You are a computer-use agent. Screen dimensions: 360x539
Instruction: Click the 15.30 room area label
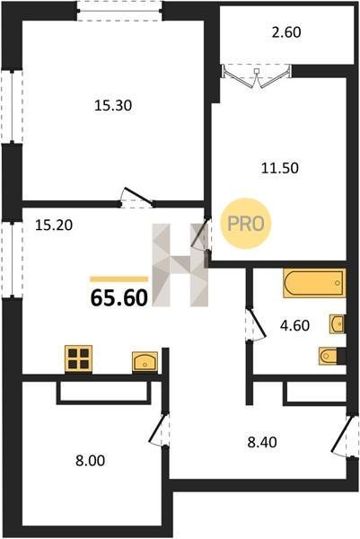pyautogui.click(x=113, y=105)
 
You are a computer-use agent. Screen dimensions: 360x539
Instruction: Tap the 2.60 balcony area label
pyautogui.click(x=286, y=32)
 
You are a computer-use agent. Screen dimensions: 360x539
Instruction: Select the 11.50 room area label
pyautogui.click(x=280, y=168)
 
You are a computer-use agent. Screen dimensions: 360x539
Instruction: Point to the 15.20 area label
pyautogui.click(x=54, y=225)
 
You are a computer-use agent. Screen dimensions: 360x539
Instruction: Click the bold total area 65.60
pyautogui.click(x=119, y=297)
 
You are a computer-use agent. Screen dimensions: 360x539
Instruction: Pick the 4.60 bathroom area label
pyautogui.click(x=294, y=325)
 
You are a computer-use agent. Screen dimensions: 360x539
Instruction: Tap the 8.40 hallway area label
pyautogui.click(x=262, y=442)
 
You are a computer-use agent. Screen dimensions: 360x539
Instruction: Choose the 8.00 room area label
pyautogui.click(x=91, y=461)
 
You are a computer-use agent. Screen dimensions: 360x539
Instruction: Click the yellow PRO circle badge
pyautogui.click(x=246, y=224)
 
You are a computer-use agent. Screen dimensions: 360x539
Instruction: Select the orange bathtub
pyautogui.click(x=314, y=283)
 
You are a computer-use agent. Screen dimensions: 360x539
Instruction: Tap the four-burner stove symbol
pyautogui.click(x=79, y=358)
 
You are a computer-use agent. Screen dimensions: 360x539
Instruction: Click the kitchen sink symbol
pyautogui.click(x=145, y=362)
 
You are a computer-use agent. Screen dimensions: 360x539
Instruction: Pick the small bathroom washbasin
pyautogui.click(x=337, y=323)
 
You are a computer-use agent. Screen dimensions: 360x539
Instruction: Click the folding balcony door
pyautogui.click(x=256, y=77)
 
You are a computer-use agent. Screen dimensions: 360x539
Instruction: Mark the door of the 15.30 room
pyautogui.click(x=136, y=198)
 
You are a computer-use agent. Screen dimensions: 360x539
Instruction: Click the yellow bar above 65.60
pyautogui.click(x=119, y=278)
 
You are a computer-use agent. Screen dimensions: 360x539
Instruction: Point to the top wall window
pyautogui.click(x=119, y=11)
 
